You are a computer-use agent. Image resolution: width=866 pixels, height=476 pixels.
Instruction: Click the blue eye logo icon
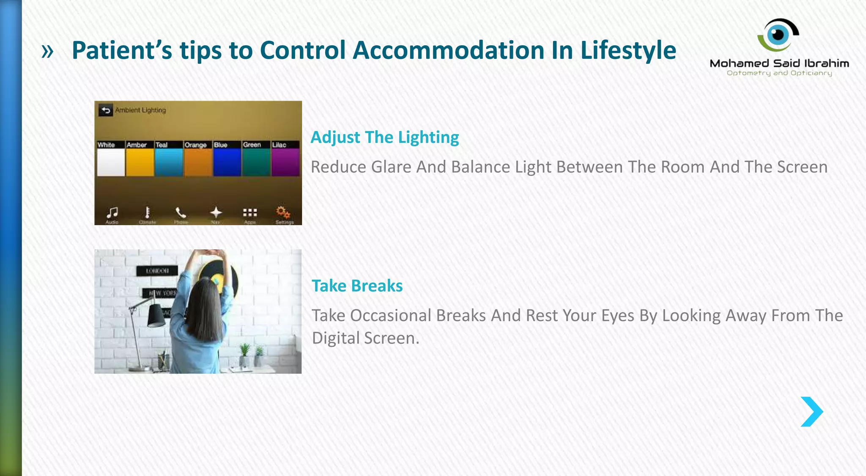(x=778, y=34)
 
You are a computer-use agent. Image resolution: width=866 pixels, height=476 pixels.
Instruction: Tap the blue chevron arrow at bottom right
(x=811, y=411)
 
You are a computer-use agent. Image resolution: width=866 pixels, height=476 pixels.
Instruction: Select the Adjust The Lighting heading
(x=384, y=138)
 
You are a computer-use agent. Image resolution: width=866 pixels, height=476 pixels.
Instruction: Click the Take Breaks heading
(x=357, y=286)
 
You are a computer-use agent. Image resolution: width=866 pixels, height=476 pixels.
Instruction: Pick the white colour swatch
(x=111, y=162)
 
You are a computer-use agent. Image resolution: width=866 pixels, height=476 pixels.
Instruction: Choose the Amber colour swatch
(x=140, y=162)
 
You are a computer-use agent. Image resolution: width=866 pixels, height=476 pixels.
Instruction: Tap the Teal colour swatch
(x=169, y=162)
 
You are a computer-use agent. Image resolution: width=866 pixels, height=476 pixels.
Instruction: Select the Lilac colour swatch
(x=285, y=162)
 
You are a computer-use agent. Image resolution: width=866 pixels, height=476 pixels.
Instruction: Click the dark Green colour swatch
(x=256, y=162)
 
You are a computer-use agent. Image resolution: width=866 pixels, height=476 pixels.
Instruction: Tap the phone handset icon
(x=181, y=212)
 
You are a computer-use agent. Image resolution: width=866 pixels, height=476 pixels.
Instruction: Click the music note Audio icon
(x=112, y=212)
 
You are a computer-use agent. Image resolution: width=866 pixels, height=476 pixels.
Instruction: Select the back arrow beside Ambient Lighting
(x=106, y=110)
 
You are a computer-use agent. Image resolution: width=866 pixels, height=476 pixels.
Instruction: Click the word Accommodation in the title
(x=448, y=50)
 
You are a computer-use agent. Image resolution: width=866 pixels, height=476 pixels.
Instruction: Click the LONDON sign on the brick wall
(x=157, y=271)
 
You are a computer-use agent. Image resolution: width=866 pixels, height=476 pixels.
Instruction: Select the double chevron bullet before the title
(x=47, y=52)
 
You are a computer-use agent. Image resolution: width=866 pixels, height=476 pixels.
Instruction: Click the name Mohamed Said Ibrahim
(x=779, y=63)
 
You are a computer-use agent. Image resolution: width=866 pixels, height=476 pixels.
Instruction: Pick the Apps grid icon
(x=250, y=212)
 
